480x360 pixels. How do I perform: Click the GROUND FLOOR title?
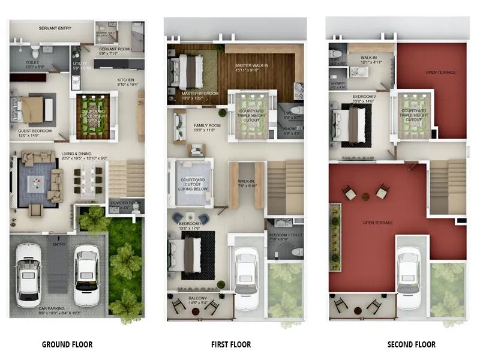pos(67,344)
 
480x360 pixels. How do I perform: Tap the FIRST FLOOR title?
pos(231,344)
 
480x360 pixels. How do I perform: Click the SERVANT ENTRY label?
pos(55,28)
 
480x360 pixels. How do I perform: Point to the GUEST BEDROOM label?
pos(35,131)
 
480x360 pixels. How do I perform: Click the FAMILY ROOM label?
pos(207,125)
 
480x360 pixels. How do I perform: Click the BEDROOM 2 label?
pos(364,97)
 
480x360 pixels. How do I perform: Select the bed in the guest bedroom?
pos(31,109)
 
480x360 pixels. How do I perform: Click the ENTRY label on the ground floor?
pos(59,244)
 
